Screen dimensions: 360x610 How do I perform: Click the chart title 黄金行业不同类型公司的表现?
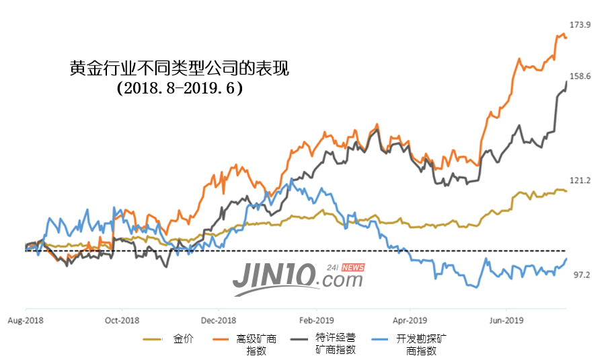[179, 69]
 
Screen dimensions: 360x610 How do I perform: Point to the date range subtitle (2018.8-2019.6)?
[179, 88]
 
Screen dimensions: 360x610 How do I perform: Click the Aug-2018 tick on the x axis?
[25, 320]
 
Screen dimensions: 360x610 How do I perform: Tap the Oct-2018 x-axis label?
[122, 320]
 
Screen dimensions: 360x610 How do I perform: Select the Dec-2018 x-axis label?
[219, 320]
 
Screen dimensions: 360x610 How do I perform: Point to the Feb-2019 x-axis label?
[315, 320]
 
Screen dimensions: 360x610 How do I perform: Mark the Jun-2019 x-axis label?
[506, 320]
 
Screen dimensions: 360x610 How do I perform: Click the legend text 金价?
[183, 338]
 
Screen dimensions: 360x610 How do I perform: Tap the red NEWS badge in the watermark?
[352, 267]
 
